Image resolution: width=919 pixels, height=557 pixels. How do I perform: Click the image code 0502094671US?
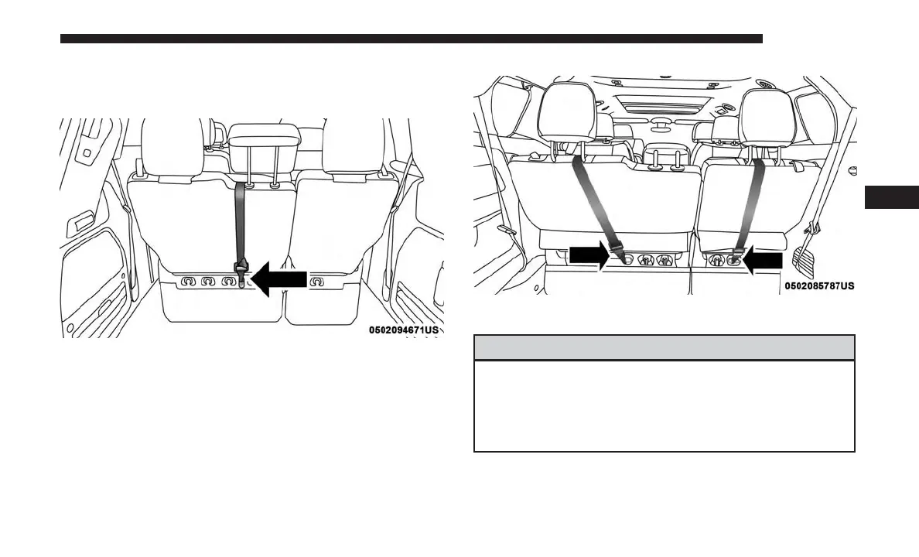pyautogui.click(x=404, y=330)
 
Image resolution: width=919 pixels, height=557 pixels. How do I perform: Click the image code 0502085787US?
pyautogui.click(x=820, y=286)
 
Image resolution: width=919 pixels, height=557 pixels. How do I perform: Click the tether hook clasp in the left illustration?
pyautogui.click(x=243, y=271)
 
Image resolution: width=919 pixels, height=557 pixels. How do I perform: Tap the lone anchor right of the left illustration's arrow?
pyautogui.click(x=316, y=282)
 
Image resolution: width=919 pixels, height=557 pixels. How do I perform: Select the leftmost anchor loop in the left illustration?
pyautogui.click(x=187, y=282)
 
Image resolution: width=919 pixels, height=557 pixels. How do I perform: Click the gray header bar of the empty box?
pyautogui.click(x=664, y=347)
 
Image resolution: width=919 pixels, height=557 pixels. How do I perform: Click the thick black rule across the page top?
pyautogui.click(x=411, y=39)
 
